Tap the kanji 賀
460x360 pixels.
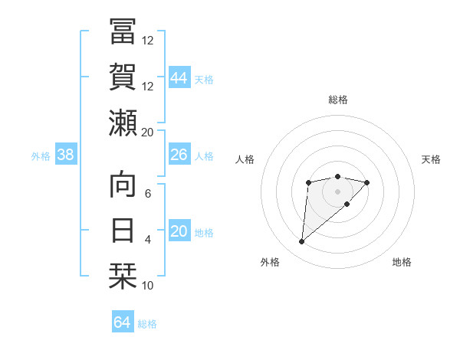[122, 77]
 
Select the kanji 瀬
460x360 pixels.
[122, 123]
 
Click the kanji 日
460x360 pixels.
[122, 230]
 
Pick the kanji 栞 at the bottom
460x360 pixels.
[122, 276]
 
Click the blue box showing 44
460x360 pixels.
[179, 78]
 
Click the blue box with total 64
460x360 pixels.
[122, 322]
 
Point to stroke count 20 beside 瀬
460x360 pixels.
[148, 132]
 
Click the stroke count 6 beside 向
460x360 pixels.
[148, 194]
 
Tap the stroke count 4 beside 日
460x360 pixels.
[148, 240]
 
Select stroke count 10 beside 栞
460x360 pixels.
[148, 286]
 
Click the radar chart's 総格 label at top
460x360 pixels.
[337, 100]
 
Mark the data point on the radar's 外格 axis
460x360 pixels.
[301, 242]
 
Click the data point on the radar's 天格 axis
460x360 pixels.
[367, 182]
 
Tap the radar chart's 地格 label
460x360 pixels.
[402, 263]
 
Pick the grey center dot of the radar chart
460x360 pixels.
[337, 191]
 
